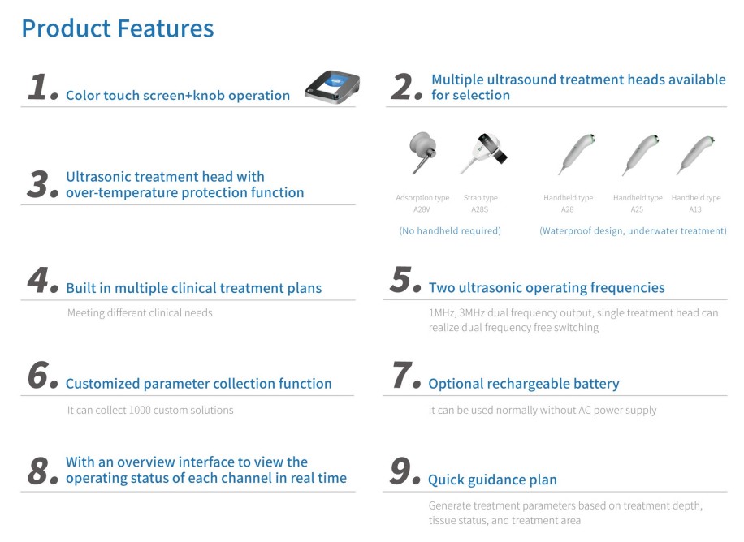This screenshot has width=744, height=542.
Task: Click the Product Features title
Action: pos(118,28)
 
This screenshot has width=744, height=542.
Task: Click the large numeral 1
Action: pos(38,88)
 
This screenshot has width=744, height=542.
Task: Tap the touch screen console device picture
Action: pos(333,88)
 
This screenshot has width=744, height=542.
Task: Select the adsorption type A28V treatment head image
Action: pos(422,153)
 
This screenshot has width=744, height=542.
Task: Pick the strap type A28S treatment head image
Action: pos(483,153)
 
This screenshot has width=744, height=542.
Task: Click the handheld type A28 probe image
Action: pos(577,155)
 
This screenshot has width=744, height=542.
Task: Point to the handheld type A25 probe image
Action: pos(640,155)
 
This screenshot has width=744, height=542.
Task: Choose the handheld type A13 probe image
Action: pos(695,155)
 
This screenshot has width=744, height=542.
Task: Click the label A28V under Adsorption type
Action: pos(422,209)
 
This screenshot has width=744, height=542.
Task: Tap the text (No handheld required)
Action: pos(450,231)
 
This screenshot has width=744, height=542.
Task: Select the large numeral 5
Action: pos(401,279)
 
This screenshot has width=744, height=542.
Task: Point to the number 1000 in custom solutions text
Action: pos(140,411)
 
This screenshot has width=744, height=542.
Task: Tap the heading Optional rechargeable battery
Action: pos(524,384)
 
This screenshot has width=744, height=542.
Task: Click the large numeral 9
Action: pos(400,471)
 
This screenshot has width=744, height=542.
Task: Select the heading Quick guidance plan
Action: pos(492,480)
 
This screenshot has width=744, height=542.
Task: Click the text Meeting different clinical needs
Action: pos(140,313)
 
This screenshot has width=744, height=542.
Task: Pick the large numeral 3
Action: pos(38,184)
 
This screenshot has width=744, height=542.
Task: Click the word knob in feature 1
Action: pos(209,95)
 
